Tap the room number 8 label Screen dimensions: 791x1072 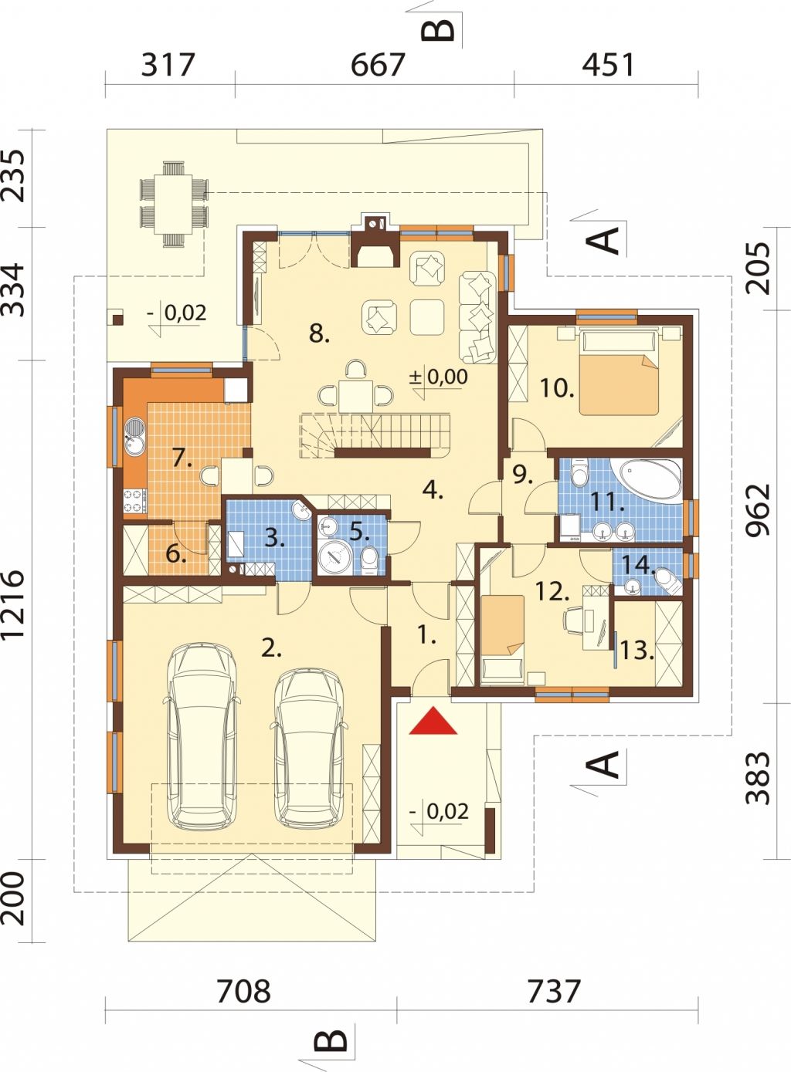tap(319, 333)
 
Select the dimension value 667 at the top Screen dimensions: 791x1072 tap(378, 65)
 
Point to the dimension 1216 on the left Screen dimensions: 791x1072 tap(13, 604)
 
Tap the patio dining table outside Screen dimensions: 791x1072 tap(174, 204)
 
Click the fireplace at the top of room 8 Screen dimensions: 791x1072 tap(374, 242)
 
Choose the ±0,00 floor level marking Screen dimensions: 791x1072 tap(438, 377)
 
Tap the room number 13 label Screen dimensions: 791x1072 tap(637, 651)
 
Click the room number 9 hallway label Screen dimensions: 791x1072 tap(522, 475)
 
